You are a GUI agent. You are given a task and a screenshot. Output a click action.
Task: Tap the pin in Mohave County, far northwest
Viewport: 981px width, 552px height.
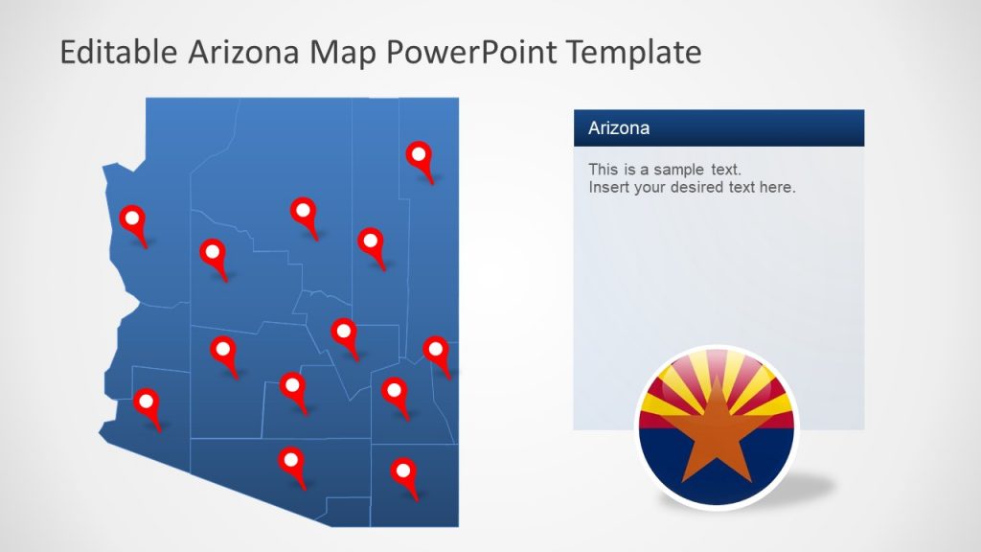coord(132,219)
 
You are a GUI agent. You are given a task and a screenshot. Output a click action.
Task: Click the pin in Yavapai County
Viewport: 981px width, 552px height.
coord(213,254)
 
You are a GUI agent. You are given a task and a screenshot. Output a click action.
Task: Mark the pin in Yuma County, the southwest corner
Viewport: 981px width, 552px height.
coord(147,403)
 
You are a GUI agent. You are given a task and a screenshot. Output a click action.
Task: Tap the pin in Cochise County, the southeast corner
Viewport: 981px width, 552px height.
coord(403,472)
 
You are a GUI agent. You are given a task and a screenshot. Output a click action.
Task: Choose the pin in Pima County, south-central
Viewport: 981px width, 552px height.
coord(291,463)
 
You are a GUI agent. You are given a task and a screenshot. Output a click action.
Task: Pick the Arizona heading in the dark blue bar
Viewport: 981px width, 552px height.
coord(619,127)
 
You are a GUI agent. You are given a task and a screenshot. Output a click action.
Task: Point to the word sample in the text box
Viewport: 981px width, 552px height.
coord(681,170)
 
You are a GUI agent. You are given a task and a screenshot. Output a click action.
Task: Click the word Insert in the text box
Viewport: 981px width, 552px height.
coord(608,188)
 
